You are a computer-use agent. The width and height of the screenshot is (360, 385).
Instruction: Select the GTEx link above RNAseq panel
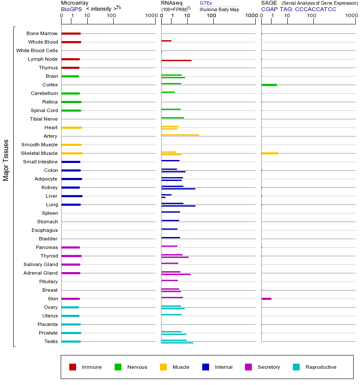(x=206, y=3)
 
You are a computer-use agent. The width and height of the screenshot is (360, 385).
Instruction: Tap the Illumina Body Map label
(x=219, y=9)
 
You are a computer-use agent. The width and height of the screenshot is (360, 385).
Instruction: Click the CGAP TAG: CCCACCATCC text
(x=299, y=9)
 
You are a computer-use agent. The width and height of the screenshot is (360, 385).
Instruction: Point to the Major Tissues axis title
(x=6, y=160)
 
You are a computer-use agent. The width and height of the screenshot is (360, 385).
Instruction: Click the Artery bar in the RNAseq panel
(x=180, y=135)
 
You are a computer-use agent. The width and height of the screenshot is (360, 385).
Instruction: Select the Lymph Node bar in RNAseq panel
(x=176, y=60)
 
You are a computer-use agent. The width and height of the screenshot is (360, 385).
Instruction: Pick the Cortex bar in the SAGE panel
(x=269, y=85)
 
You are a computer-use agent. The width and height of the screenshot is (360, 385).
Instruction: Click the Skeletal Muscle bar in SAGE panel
(x=269, y=153)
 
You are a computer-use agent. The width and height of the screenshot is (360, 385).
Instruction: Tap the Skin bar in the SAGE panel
(x=266, y=299)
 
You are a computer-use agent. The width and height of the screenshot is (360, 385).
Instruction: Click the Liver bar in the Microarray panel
(x=72, y=196)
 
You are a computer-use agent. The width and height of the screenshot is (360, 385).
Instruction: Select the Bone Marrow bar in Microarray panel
(x=71, y=33)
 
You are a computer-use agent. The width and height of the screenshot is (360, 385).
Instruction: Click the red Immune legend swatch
(x=73, y=367)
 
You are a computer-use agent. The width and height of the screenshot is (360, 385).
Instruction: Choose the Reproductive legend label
(x=321, y=367)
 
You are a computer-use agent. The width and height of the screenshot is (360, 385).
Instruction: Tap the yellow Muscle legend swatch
(x=163, y=367)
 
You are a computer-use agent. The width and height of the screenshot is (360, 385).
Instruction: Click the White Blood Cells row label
(x=37, y=50)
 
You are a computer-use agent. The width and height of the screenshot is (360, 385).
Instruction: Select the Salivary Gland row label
(x=40, y=264)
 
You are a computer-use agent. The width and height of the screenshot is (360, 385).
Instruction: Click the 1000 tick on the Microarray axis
(x=151, y=16)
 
